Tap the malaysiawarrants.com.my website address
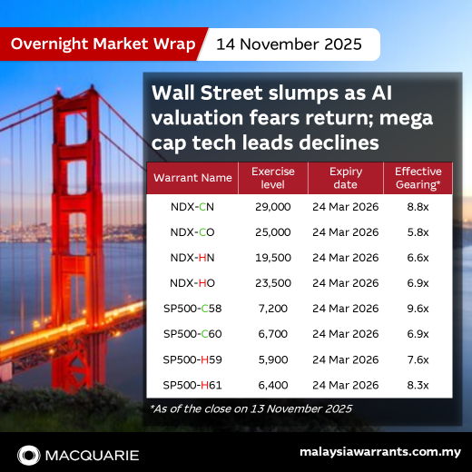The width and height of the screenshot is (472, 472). [379, 452]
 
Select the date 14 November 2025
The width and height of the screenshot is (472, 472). [289, 43]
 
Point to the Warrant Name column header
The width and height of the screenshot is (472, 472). [192, 177]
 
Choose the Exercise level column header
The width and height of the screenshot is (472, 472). [271, 177]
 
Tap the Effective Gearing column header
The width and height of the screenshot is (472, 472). [417, 177]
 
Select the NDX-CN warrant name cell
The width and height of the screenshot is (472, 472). [192, 207]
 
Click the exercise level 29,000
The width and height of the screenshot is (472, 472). [272, 207]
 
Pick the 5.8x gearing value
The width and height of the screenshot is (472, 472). [418, 232]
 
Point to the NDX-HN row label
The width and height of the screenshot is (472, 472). [192, 258]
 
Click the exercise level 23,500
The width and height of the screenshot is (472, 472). [272, 283]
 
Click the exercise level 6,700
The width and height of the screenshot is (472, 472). [272, 334]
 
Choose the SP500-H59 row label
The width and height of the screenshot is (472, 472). [192, 359]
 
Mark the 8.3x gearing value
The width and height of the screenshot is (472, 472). [418, 385]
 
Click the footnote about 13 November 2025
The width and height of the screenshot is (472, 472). [251, 409]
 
